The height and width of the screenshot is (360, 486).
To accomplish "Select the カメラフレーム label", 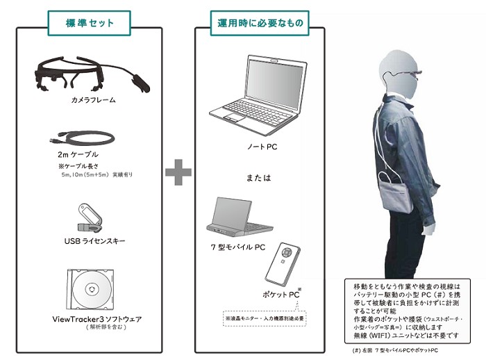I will [93, 101].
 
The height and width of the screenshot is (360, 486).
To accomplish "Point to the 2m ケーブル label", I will [78, 154].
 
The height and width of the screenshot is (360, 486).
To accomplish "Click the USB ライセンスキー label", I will [92, 241].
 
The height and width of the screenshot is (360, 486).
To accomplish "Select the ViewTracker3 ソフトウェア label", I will [97, 319].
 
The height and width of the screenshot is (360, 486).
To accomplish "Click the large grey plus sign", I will [178, 172].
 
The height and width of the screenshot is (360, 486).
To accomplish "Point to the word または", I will [258, 178].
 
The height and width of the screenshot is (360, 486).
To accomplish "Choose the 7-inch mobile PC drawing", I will [239, 217].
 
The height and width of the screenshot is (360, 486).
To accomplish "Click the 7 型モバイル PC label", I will [238, 247].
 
